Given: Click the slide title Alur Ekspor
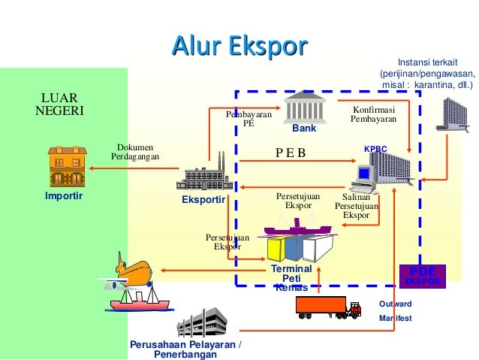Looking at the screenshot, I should click(239, 47).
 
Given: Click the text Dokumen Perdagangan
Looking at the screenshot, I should click(135, 152).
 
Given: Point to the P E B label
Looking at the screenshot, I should click(291, 154).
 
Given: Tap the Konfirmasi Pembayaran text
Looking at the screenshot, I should click(373, 114).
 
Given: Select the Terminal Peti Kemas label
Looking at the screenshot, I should click(291, 277).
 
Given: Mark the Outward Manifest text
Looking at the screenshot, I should click(395, 311).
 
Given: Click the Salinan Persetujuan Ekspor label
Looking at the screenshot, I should click(356, 205).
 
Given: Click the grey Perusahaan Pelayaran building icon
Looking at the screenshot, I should click(200, 322).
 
